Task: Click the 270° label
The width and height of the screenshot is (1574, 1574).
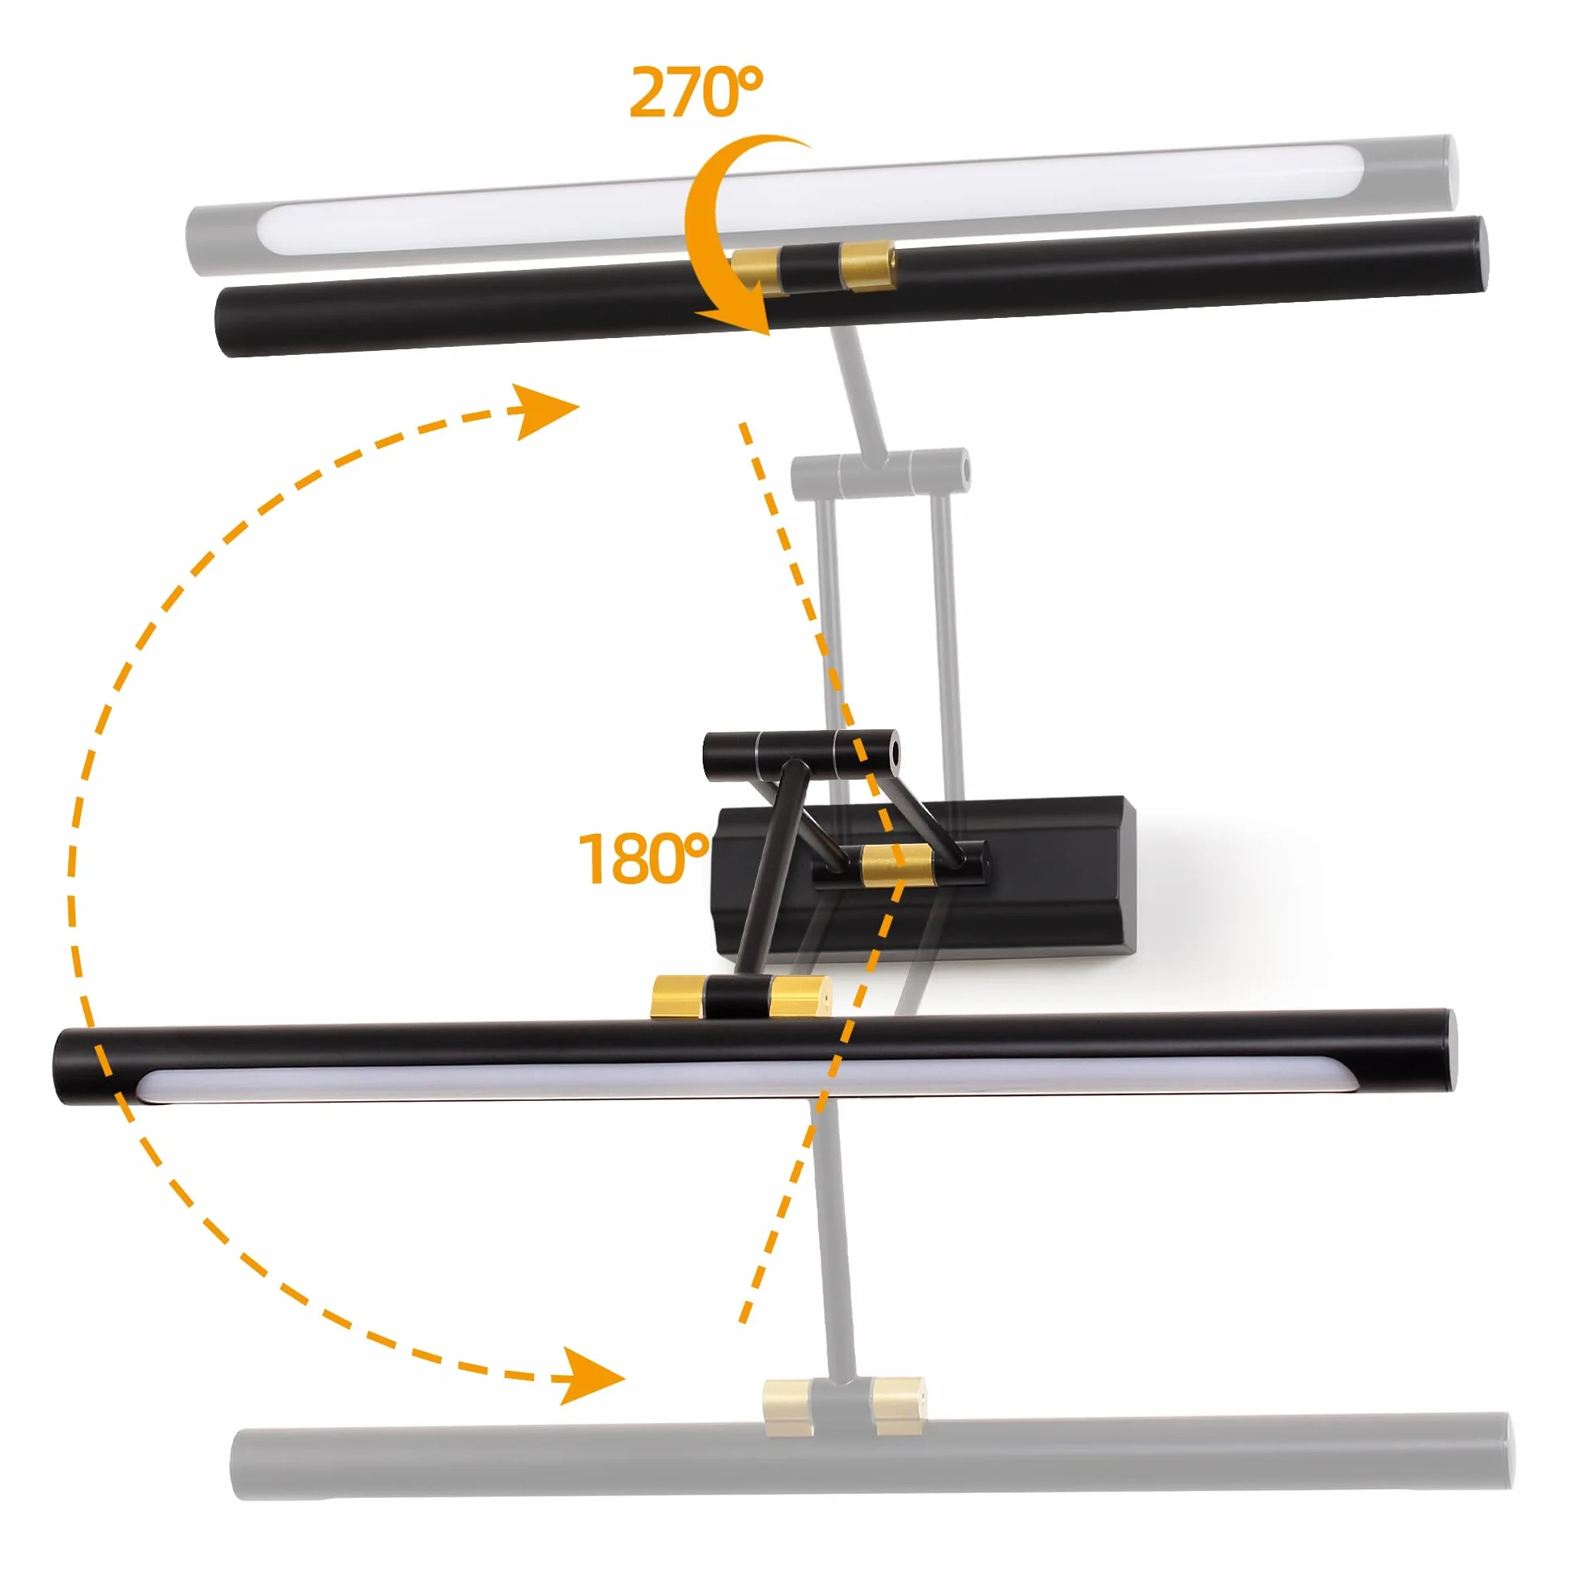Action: (697, 92)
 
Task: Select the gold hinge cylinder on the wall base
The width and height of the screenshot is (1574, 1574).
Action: (895, 866)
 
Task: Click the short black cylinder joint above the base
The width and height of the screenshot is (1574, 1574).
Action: (800, 756)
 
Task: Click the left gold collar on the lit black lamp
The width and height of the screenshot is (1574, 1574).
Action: (679, 996)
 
